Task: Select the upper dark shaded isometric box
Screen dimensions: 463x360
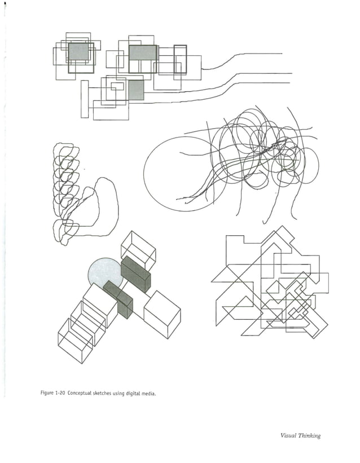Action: tap(136, 274)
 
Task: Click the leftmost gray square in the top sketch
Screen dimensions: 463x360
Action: tap(78, 52)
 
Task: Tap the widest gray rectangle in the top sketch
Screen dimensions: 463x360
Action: tap(143, 52)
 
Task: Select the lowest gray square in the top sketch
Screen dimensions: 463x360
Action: tap(136, 90)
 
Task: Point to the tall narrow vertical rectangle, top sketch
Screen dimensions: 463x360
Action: tap(85, 99)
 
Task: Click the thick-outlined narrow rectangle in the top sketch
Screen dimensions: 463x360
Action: tap(180, 59)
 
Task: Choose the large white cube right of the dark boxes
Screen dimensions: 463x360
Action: tap(162, 314)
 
